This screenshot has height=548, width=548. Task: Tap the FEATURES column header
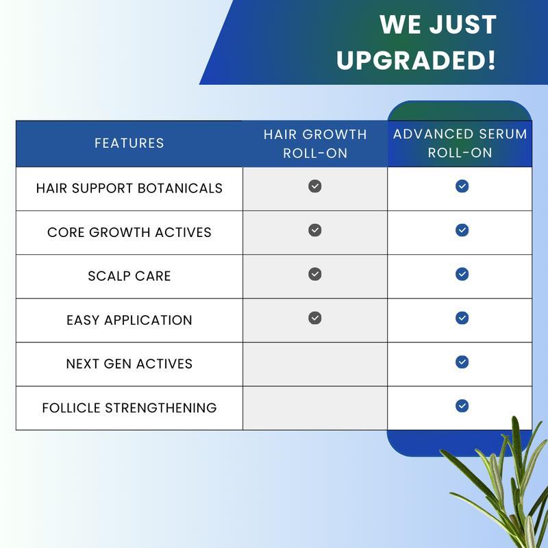129,143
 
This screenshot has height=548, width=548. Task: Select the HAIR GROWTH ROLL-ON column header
315,143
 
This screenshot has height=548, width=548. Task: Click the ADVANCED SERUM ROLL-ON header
460,143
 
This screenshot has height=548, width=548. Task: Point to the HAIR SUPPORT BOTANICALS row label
129,188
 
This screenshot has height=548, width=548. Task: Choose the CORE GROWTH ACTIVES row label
129,232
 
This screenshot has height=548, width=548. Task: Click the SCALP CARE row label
129,276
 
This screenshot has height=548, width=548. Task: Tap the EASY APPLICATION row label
129,320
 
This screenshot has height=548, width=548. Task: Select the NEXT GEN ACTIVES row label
129,364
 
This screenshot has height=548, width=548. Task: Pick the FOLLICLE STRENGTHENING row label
129,408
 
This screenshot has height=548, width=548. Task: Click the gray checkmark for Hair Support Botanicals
315,186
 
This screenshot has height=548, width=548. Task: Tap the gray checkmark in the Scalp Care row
315,274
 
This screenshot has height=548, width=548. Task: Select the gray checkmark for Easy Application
315,318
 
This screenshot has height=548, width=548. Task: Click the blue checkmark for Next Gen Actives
462,362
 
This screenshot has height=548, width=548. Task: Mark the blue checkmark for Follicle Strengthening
462,406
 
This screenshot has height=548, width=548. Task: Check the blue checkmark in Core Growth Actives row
462,230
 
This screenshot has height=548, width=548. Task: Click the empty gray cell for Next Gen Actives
315,364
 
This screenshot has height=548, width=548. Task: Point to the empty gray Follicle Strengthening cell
315,408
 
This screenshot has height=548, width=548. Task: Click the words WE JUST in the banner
438,25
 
